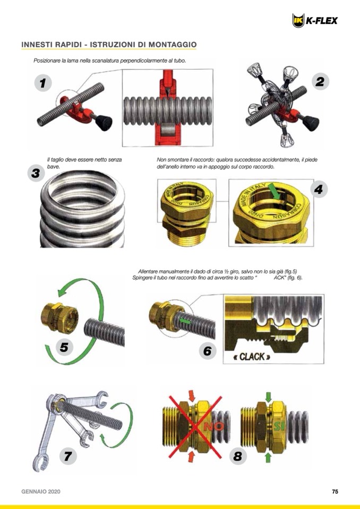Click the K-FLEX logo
(x=315, y=21)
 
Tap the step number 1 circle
(x=43, y=83)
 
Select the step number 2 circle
(x=320, y=81)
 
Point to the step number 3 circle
(x=36, y=173)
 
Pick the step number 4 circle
(x=319, y=189)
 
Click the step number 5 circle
(x=64, y=347)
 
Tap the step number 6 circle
(x=208, y=351)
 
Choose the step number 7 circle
(x=68, y=456)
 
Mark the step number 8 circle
(x=238, y=456)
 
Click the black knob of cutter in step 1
(x=105, y=123)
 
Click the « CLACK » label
(x=252, y=357)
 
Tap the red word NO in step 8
(x=213, y=426)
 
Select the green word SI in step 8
(x=278, y=426)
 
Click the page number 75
(x=335, y=491)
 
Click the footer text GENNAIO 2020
(x=41, y=491)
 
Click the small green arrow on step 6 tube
(x=185, y=321)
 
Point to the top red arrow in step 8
(x=192, y=396)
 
